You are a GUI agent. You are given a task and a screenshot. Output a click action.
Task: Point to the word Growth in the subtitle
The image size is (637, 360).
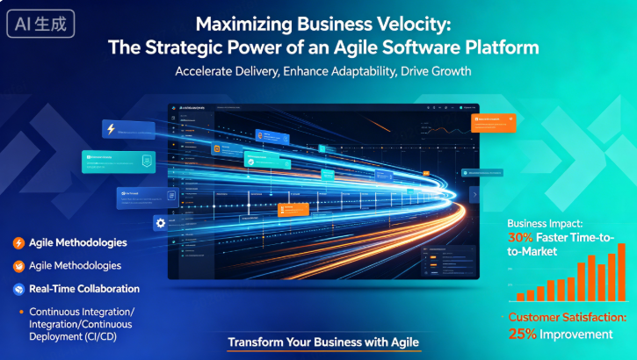coord(451,71)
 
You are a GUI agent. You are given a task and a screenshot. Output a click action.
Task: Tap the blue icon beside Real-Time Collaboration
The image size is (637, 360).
coord(18,288)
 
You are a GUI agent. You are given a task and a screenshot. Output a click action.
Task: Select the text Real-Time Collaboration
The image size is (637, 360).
coord(84,288)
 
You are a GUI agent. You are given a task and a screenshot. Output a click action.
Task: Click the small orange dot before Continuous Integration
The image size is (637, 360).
coord(19,312)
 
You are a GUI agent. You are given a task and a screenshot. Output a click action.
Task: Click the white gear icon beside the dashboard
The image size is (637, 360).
coord(161,223)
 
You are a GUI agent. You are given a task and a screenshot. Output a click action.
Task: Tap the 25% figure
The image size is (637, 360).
coord(523,334)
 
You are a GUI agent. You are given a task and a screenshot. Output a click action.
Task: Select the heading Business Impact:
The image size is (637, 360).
coord(550,223)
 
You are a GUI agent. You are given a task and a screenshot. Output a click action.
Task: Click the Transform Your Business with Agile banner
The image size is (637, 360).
coord(322,342)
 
